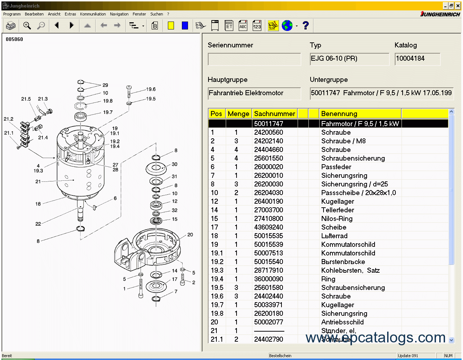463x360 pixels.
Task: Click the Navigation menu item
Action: pyautogui.click(x=119, y=14)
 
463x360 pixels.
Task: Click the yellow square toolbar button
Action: pyautogui.click(x=171, y=26)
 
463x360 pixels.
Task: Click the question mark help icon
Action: pyautogui.click(x=306, y=26)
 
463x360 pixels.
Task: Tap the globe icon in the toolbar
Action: pyautogui.click(x=287, y=26)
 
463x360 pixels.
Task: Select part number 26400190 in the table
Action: pyautogui.click(x=268, y=201)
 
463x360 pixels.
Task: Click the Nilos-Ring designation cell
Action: pyautogui.click(x=337, y=218)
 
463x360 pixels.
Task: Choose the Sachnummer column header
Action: pyautogui.click(x=274, y=114)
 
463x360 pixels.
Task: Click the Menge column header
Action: pyautogui.click(x=238, y=114)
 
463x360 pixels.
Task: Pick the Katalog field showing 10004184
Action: pyautogui.click(x=417, y=59)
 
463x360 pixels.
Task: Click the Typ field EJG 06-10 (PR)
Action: pyautogui.click(x=349, y=59)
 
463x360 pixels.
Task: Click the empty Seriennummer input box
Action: pyautogui.click(x=254, y=59)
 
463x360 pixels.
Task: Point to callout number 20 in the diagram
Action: pyautogui.click(x=190, y=235)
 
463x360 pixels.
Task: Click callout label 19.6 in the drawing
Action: pyautogui.click(x=151, y=89)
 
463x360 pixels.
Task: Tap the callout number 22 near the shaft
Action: pyautogui.click(x=38, y=224)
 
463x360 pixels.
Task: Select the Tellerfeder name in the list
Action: pyautogui.click(x=338, y=210)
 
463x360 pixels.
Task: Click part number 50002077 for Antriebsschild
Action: pyautogui.click(x=268, y=322)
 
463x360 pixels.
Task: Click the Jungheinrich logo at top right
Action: pyautogui.click(x=440, y=14)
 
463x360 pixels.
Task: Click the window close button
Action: pyautogui.click(x=458, y=6)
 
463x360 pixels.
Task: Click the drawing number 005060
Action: pyautogui.click(x=14, y=39)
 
